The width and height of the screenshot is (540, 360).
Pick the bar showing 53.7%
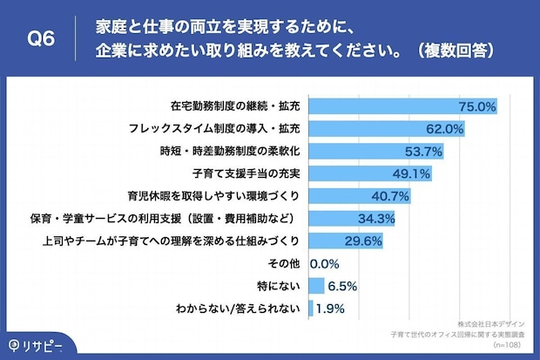357,151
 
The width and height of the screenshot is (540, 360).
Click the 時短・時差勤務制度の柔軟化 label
232,151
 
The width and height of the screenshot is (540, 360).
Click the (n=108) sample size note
507,344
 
